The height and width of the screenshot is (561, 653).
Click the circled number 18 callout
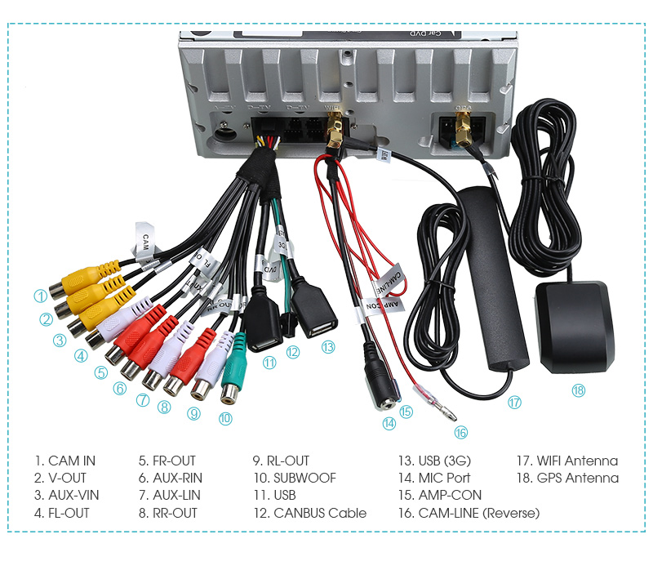pos(578,390)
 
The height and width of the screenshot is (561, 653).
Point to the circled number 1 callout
pos(40,296)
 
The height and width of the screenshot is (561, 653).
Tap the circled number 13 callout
pos(328,346)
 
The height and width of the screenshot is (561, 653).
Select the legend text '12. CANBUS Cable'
pos(309,513)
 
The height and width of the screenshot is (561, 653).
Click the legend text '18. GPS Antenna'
pos(567,478)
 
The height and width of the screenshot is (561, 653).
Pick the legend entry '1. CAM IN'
pos(64,461)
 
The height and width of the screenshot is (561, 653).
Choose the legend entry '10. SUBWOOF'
pos(294,478)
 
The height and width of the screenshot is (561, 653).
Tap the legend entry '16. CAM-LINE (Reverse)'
pos(469,513)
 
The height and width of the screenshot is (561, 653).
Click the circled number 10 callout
pos(225,418)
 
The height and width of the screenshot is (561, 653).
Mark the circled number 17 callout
pos(514,402)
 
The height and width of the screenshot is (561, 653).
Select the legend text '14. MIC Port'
pos(433,478)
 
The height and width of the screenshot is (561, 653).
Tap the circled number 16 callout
pos(461,432)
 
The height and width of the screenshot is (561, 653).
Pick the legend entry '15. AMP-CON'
pos(439,495)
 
